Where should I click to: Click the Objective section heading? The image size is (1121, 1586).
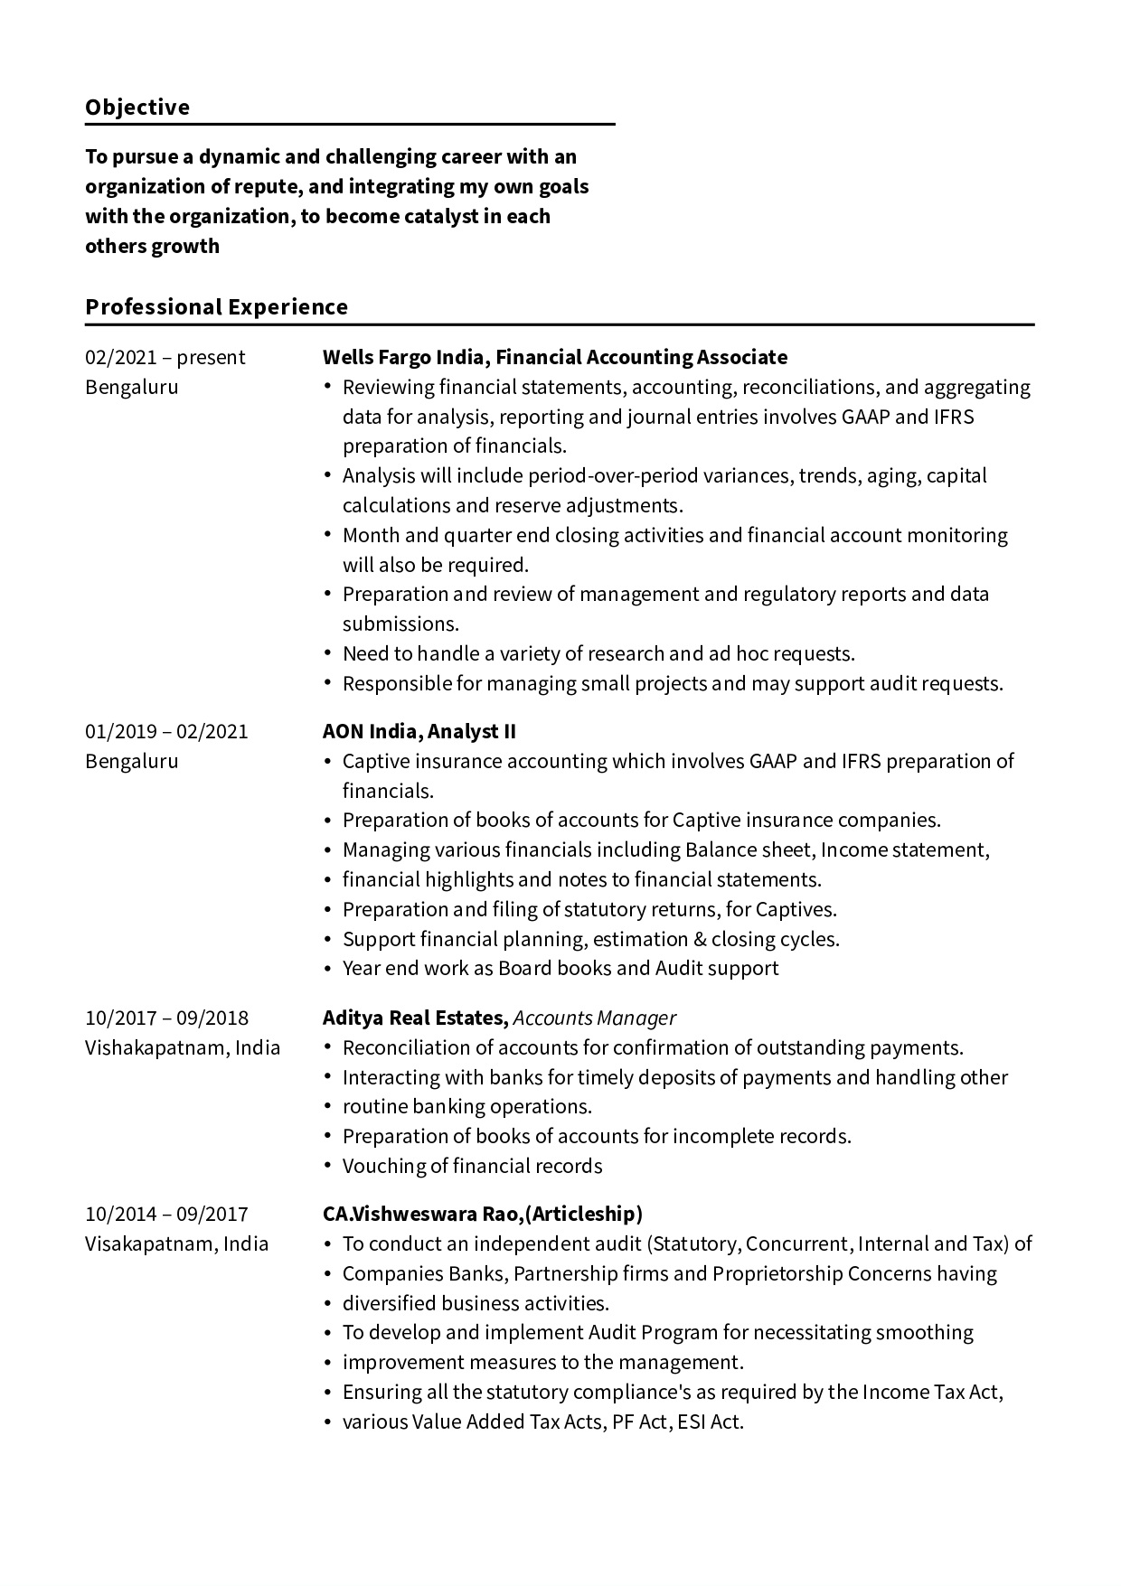point(137,108)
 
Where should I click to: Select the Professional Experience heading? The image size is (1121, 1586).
point(216,307)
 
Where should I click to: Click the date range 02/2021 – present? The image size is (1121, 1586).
point(165,358)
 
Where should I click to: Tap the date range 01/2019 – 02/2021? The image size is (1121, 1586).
point(166,732)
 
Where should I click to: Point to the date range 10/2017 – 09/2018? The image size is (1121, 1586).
point(166,1018)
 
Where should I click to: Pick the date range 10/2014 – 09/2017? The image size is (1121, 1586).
point(166,1215)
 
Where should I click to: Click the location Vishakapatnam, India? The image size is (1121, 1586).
point(183,1048)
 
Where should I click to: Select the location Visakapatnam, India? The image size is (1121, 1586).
point(176,1244)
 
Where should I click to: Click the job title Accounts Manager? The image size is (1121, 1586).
point(594,1018)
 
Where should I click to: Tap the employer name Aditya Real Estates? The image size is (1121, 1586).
point(415,1018)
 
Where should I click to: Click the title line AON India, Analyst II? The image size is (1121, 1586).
point(419,732)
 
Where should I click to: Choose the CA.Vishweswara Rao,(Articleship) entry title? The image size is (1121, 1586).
point(482,1215)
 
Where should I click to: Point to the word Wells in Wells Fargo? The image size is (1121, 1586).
point(347,358)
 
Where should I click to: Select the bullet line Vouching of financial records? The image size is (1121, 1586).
point(472,1167)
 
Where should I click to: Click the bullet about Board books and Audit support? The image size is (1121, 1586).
point(560,969)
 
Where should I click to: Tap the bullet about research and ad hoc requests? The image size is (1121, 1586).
point(598,654)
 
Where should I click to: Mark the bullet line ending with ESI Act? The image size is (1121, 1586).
point(542,1422)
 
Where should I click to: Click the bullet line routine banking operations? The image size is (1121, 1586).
point(466,1107)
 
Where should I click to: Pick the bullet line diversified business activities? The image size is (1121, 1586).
point(476,1304)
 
